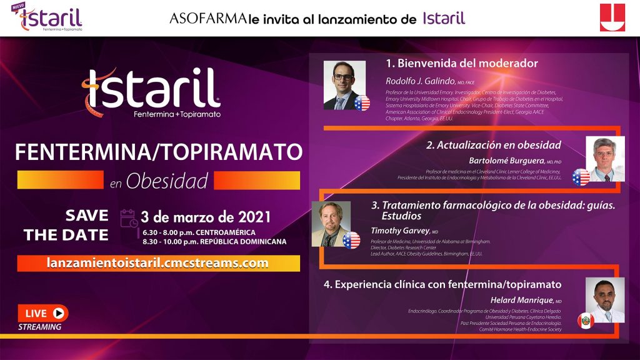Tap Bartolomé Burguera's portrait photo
(604, 159)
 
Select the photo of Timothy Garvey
(332, 224)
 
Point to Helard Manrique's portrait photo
(604, 299)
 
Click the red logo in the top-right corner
(612, 17)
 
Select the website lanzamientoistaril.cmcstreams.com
(158, 263)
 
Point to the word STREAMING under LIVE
(40, 327)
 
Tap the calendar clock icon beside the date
(128, 217)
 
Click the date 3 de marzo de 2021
(206, 217)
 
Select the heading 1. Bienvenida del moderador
(461, 63)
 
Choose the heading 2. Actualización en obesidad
(493, 145)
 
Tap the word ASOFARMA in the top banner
(207, 18)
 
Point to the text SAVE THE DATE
(66, 226)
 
